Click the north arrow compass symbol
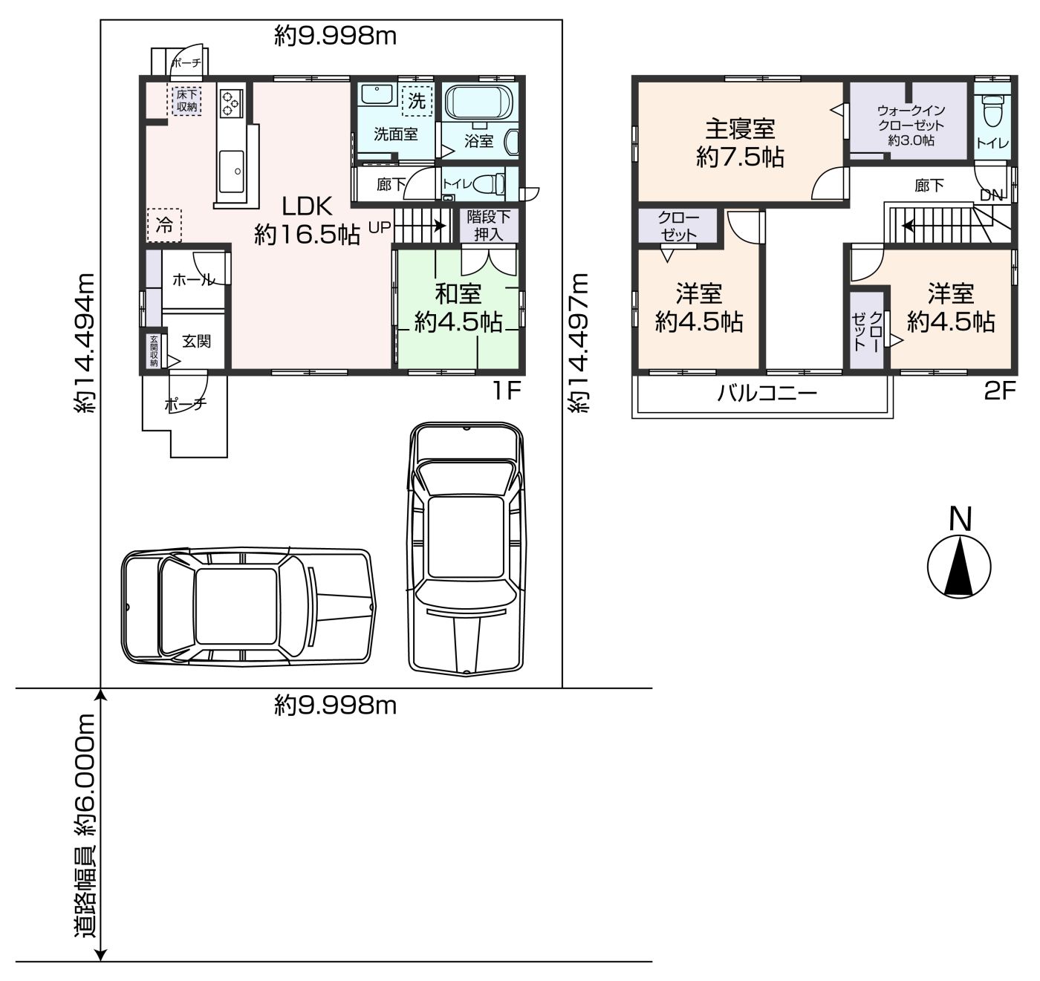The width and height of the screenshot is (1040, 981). click(959, 567)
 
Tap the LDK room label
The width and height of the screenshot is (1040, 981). click(307, 206)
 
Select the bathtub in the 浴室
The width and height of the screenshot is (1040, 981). click(480, 102)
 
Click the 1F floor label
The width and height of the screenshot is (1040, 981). click(507, 391)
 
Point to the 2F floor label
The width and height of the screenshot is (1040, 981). click(1000, 391)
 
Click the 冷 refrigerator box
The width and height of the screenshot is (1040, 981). click(164, 225)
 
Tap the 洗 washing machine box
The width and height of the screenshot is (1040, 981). click(417, 100)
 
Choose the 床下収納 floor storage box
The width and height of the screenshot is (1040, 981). click(187, 100)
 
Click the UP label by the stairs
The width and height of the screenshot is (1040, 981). click(380, 227)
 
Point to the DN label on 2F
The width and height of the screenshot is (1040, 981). click(991, 195)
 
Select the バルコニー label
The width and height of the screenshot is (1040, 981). click(767, 393)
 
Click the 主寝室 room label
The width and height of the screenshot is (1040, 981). click(740, 129)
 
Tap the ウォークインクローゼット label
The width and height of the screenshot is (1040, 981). click(911, 118)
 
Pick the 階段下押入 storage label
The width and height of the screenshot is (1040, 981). click(489, 226)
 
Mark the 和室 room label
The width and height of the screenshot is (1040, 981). click(458, 294)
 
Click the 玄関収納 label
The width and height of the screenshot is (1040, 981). click(154, 351)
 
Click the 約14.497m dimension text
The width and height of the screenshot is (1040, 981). click(578, 343)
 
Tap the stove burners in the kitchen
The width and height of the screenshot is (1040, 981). click(232, 102)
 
